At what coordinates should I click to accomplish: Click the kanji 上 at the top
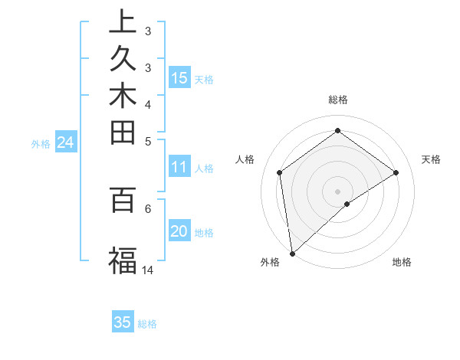pos(123,22)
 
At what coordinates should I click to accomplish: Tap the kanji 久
pos(123,61)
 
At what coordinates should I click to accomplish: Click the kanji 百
pos(123,201)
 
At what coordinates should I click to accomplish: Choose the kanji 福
pos(123,260)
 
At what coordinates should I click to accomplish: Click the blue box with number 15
pos(179,77)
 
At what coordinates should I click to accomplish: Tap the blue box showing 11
pos(179,166)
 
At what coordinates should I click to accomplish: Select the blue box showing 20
pos(179,232)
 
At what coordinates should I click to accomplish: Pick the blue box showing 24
pos(65,142)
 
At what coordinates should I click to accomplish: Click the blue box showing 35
pos(123,322)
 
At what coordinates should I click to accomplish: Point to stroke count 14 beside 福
pos(148,270)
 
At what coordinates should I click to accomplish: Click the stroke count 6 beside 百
pos(148,208)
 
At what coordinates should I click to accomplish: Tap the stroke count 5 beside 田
pos(148,141)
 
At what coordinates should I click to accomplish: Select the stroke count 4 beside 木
pos(148,103)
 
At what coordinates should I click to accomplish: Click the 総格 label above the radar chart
pos(337,100)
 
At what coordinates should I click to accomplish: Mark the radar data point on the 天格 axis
pos(396,172)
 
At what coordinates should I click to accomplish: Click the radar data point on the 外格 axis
pos(292,253)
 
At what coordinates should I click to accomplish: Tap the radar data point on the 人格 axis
pos(279,172)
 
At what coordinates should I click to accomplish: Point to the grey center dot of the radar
pos(337,191)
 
